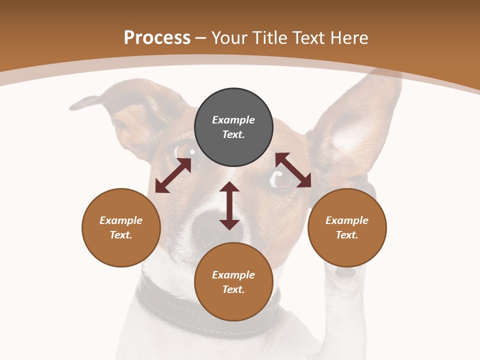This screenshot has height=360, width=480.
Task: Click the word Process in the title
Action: point(157,38)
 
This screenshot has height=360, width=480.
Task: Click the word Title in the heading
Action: point(268,38)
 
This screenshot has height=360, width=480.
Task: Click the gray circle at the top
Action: point(233,127)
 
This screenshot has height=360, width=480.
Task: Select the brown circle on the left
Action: point(121,227)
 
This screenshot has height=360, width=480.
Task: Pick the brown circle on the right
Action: point(347,227)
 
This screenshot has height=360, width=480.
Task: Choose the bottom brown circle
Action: point(233,282)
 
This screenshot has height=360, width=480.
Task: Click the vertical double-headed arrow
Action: point(229,205)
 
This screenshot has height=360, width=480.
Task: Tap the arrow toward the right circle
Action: point(293,170)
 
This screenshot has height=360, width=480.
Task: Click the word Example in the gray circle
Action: point(233,120)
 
